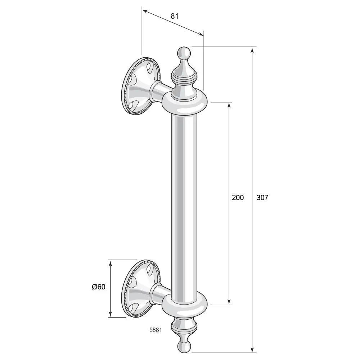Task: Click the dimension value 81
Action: [175, 16]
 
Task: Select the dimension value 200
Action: [238, 197]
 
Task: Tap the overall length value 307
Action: [262, 197]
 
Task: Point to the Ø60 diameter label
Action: [99, 287]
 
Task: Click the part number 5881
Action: [156, 330]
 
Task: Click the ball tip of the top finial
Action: [184, 53]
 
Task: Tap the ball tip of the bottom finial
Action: [184, 347]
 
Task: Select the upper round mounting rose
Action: [141, 86]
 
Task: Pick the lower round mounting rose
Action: [141, 289]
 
